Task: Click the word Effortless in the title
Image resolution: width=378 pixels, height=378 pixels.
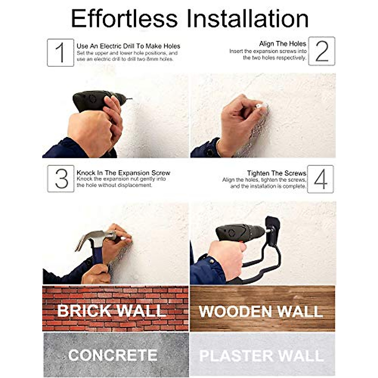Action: [x=124, y=19]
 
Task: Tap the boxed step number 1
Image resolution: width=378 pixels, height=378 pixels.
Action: [x=60, y=53]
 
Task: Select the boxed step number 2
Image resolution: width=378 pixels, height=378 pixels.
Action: [x=321, y=51]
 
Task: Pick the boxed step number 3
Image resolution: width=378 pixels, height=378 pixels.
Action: [x=61, y=179]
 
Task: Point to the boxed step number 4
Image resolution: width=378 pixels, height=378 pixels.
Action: [x=320, y=179]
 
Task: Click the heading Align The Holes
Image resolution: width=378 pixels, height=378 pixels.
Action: [x=282, y=44]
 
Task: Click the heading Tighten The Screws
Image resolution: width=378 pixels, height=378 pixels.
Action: [x=276, y=173]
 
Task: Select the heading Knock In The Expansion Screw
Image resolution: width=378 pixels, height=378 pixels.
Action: [x=123, y=173]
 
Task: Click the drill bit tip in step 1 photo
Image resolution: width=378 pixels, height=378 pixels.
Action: [x=130, y=99]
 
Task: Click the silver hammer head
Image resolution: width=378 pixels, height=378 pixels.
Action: [x=94, y=238]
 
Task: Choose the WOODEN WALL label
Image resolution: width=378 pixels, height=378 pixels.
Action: [x=261, y=311]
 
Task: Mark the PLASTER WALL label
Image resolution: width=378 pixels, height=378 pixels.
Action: [x=261, y=356]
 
